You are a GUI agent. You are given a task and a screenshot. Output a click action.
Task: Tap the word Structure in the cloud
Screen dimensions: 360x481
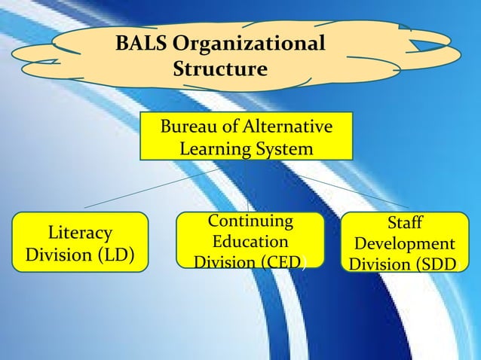tap(220, 70)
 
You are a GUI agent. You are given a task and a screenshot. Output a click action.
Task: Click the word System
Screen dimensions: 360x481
tap(283, 149)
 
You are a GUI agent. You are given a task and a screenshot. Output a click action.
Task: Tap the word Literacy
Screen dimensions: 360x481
tap(79, 233)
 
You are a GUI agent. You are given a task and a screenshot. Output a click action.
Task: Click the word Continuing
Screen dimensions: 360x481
tap(250, 221)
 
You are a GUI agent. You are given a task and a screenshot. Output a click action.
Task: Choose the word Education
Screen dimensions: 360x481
tap(250, 242)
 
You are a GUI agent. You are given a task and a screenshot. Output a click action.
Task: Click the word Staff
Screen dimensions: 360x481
tap(404, 224)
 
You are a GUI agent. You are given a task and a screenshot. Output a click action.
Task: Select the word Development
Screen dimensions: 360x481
tap(404, 244)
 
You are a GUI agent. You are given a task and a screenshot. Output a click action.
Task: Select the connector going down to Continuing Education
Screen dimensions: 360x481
tap(248, 197)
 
